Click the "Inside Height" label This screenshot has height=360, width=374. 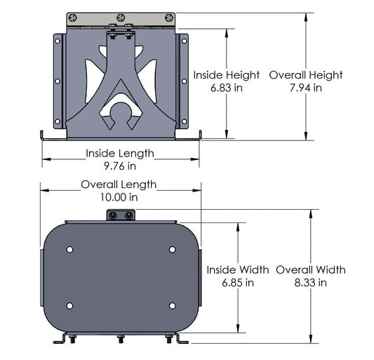pos(226,75)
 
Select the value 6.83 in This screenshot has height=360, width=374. pos(226,88)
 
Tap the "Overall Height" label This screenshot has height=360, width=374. pos(305,75)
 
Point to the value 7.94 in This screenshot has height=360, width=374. pos(305,88)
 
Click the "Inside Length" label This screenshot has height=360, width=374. pos(120,153)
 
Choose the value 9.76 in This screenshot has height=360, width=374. pos(120,166)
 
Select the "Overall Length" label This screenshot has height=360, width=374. pos(119,185)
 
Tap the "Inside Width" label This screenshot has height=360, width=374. pos(237,269)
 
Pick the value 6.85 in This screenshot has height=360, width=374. pos(237,283)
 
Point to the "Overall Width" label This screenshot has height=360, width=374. pos(311,269)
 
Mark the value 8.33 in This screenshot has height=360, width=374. pos(311,283)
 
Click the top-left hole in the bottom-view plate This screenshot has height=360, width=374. pos(69,249)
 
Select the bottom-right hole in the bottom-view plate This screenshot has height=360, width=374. pos(172,305)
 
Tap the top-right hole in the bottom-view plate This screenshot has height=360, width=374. pos(172,249)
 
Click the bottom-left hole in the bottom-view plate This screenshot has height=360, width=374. pos(69,305)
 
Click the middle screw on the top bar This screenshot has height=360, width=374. pos(120,17)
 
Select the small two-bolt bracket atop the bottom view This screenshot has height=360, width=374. pos(120,215)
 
